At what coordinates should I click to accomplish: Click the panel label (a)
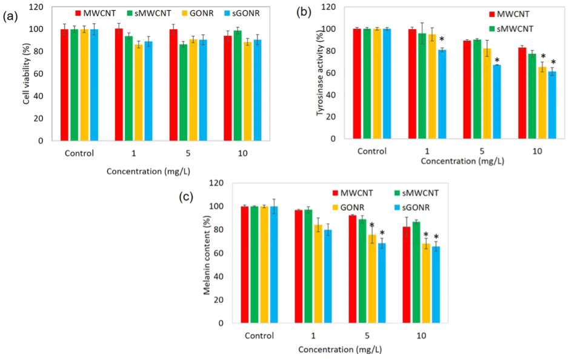point(11,17)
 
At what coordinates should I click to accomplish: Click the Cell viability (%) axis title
point(27,76)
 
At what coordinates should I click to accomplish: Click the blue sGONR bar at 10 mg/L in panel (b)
point(552,105)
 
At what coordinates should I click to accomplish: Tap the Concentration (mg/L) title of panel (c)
point(340,350)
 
